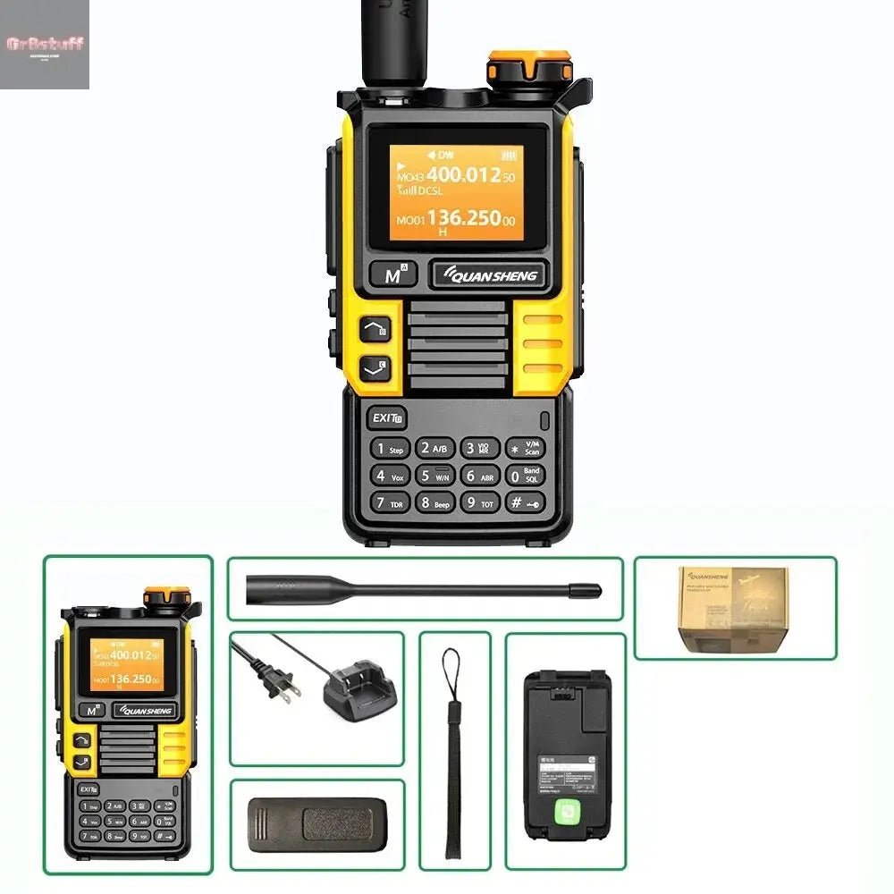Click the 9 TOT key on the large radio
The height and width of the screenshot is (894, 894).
(x=480, y=502)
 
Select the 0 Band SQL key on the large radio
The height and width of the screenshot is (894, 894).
(x=525, y=476)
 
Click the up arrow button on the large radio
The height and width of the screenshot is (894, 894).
(x=375, y=330)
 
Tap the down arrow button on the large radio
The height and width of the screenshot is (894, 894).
(x=375, y=367)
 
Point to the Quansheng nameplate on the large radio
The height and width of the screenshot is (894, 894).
(x=488, y=275)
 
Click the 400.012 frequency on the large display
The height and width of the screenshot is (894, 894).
(x=462, y=175)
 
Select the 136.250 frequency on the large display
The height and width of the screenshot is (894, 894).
(x=463, y=218)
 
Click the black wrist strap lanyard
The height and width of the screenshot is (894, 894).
(x=452, y=751)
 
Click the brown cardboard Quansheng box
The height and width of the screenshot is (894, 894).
(x=733, y=607)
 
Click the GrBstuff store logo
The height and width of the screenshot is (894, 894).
(x=45, y=44)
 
